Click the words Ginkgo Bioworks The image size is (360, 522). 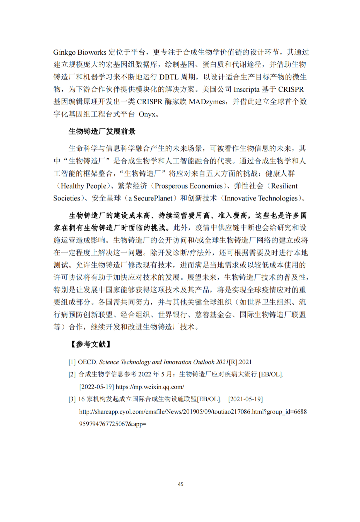pyautogui.click(x=80, y=52)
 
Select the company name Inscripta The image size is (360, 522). pyautogui.click(x=246, y=89)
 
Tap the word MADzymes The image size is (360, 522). pyautogui.click(x=207, y=102)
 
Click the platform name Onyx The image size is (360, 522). pyautogui.click(x=147, y=114)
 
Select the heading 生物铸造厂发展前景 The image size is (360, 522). pyautogui.click(x=102, y=131)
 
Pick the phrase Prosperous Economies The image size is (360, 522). pyautogui.click(x=189, y=186)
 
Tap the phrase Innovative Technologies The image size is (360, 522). pyautogui.click(x=261, y=198)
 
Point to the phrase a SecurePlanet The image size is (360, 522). pyautogui.click(x=150, y=198)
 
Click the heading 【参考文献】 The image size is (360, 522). pyautogui.click(x=90, y=344)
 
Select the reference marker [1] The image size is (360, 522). pyautogui.click(x=72, y=362)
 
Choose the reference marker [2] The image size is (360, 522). pyautogui.click(x=72, y=375)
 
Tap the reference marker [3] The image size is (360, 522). pyautogui.click(x=72, y=399)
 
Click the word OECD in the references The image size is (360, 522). pyautogui.click(x=87, y=362)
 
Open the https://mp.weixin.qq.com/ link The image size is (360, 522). pyautogui.click(x=150, y=387)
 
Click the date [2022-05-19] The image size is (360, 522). pyautogui.click(x=96, y=387)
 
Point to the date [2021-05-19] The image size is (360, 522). pyautogui.click(x=245, y=399)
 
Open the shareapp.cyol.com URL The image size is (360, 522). pyautogui.click(x=193, y=412)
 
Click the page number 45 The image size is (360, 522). pyautogui.click(x=181, y=484)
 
